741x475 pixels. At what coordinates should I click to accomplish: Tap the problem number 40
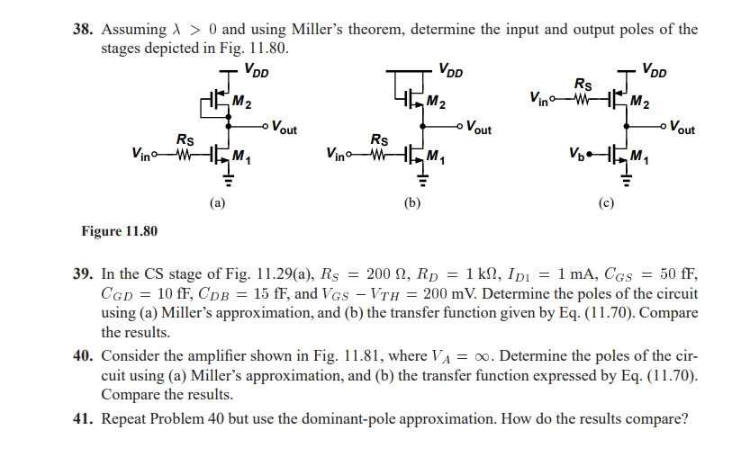tap(83, 356)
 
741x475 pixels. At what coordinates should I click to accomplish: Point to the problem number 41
tap(83, 418)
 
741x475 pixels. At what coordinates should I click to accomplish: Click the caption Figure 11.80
tap(119, 231)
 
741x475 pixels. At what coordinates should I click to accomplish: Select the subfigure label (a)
tap(218, 203)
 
